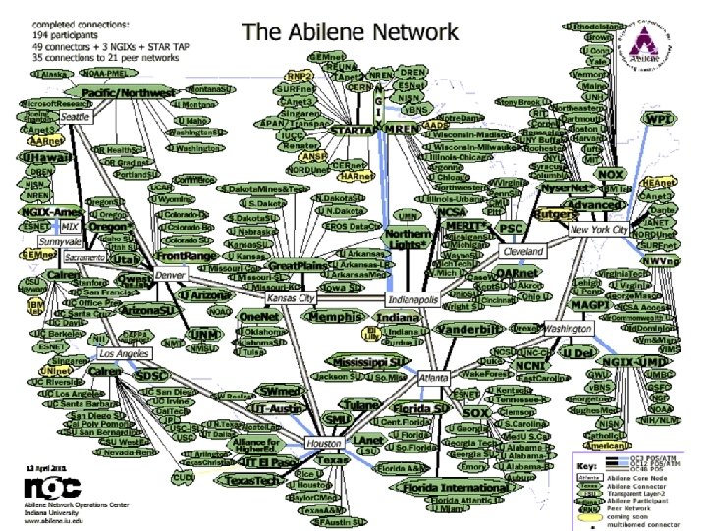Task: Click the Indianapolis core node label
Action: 413,297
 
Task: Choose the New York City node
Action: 599,230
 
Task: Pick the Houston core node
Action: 323,442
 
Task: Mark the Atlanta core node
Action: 426,377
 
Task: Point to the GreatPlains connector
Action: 298,266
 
